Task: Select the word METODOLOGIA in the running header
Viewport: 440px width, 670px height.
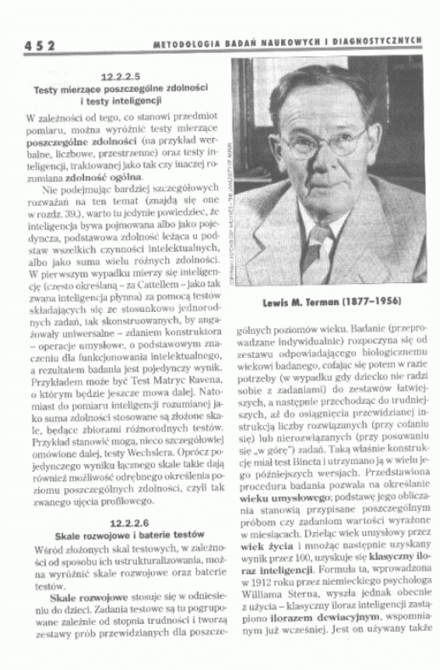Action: click(186, 43)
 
